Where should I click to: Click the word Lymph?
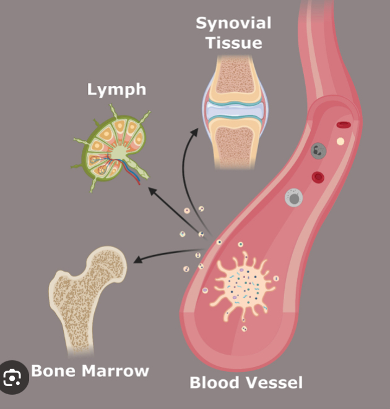coord(116,90)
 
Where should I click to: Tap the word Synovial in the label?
coord(233,23)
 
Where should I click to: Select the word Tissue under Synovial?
coord(233,43)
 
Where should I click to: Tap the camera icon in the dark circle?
coord(13,376)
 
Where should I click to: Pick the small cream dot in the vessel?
coord(340,141)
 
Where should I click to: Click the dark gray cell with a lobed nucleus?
coord(319,150)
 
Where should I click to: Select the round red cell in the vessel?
coord(318,178)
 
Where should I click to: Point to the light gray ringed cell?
coord(293,198)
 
